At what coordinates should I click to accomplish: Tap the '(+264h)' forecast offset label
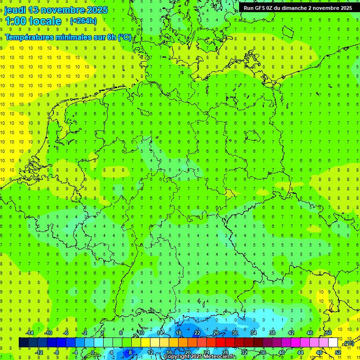[83, 21]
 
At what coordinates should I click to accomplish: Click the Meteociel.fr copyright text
[200, 357]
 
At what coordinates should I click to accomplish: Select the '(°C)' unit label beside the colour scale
[349, 344]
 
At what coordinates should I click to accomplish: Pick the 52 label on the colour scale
[338, 352]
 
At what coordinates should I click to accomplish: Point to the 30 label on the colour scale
[235, 333]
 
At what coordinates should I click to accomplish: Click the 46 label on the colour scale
[310, 333]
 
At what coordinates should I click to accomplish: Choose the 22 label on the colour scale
[197, 333]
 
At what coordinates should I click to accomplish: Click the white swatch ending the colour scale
[333, 343]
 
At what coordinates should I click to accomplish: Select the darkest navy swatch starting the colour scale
[24, 343]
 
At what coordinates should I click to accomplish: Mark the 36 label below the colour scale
[263, 352]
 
